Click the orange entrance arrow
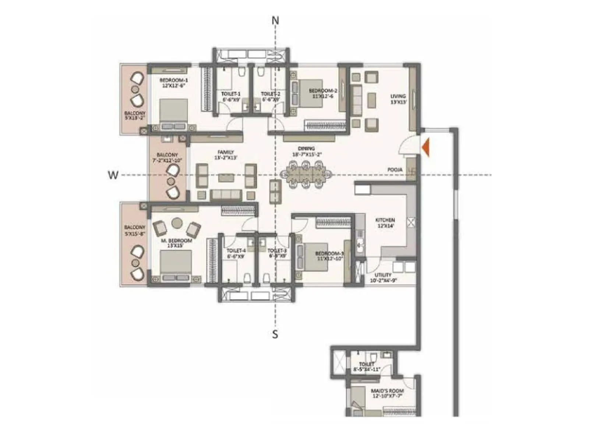click(426, 147)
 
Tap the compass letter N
click(275, 21)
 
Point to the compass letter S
click(275, 334)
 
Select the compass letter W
click(113, 175)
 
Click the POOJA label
click(395, 170)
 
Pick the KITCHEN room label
click(385, 220)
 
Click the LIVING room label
click(398, 97)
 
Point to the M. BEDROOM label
click(177, 241)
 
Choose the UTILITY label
click(383, 275)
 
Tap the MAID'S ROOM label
click(387, 391)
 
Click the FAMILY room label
click(226, 152)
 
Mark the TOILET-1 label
click(231, 94)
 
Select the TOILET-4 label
click(236, 250)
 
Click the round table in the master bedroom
click(177, 223)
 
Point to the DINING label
click(306, 149)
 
